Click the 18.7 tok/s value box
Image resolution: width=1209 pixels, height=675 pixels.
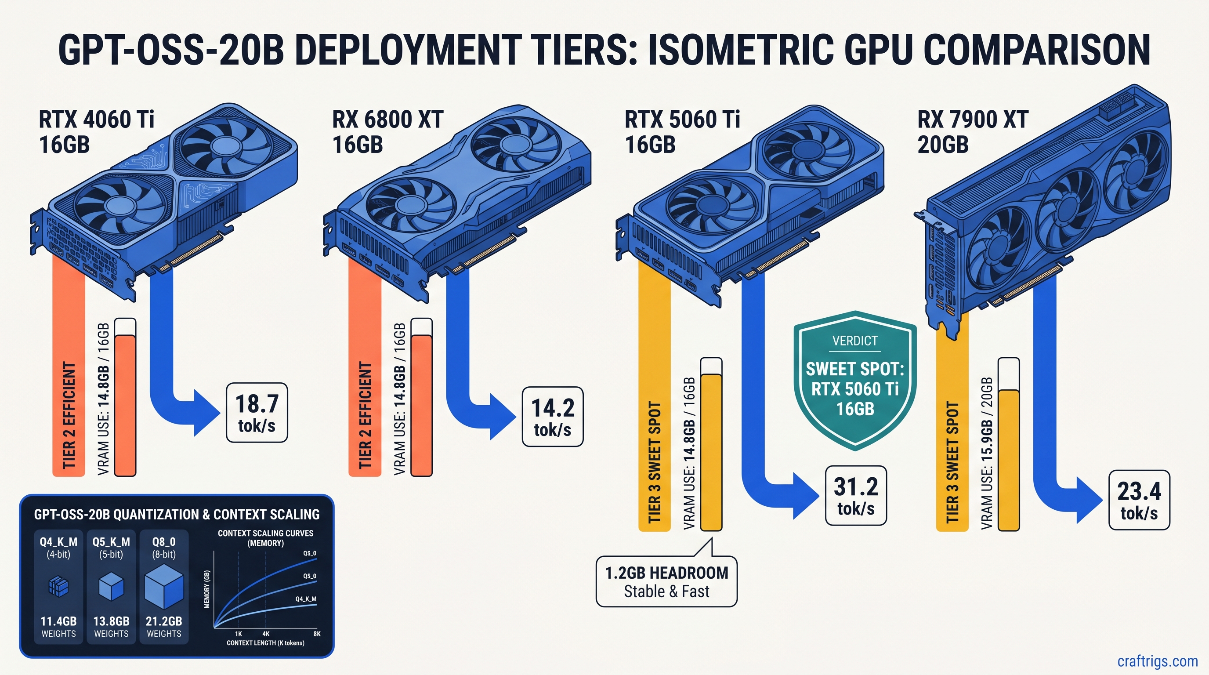(257, 413)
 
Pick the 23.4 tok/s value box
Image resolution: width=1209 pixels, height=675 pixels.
(1139, 501)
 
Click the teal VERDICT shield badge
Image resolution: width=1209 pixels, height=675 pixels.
(854, 380)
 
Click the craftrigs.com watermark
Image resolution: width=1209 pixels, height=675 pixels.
(1157, 661)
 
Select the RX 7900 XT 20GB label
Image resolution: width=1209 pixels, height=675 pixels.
(973, 132)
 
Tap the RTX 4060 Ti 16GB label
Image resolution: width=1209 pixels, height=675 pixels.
(96, 132)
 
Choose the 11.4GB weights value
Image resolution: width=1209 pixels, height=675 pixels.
(58, 621)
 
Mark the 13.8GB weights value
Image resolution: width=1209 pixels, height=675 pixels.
(111, 621)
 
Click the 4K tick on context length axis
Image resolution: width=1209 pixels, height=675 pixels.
(266, 634)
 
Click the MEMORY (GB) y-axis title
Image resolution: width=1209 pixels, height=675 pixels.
(207, 590)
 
